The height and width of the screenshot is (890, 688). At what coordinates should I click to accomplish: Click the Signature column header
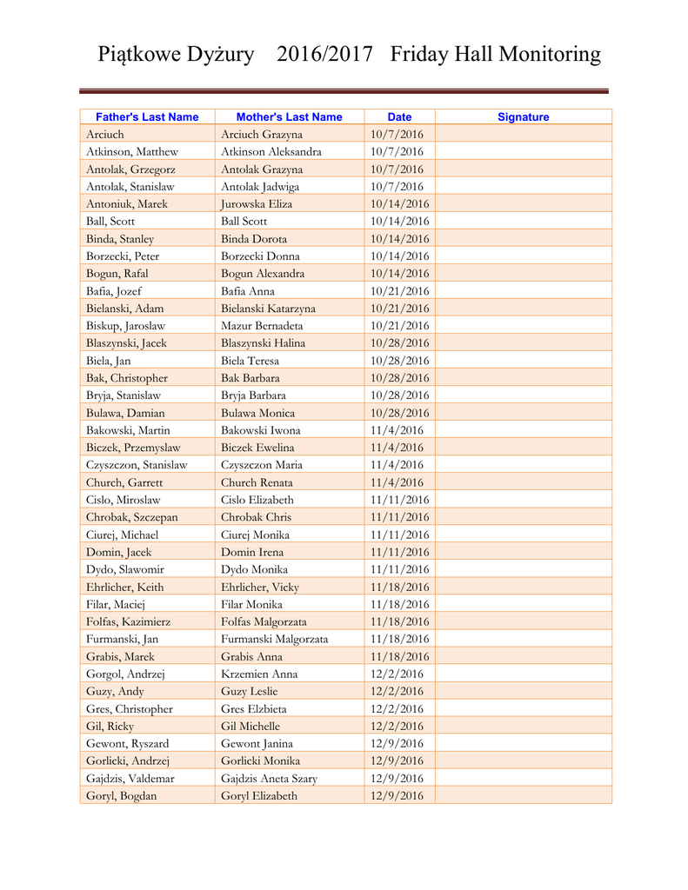[x=523, y=117]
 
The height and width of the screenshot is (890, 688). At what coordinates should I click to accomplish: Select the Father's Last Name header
[x=147, y=117]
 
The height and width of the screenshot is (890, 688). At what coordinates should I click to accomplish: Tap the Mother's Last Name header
[x=289, y=117]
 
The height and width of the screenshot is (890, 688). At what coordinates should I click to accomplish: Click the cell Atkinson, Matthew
[x=132, y=152]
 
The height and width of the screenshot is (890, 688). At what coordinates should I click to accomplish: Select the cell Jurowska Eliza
[x=257, y=204]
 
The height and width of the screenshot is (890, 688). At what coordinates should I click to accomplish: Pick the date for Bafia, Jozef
[x=399, y=291]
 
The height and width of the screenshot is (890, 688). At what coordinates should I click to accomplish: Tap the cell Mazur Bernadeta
[x=263, y=326]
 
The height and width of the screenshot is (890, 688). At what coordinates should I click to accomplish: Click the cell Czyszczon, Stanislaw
[x=137, y=465]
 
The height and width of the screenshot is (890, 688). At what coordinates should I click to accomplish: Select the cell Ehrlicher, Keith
[x=125, y=587]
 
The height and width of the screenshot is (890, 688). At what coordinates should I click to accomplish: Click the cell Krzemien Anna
[x=259, y=674]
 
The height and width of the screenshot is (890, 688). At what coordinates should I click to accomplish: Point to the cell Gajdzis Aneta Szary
[x=269, y=778]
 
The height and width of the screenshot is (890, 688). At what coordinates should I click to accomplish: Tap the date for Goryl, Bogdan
[x=397, y=795]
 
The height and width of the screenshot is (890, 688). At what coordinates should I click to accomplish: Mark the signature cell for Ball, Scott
[x=523, y=222]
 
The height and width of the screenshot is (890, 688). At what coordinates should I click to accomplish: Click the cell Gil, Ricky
[x=110, y=726]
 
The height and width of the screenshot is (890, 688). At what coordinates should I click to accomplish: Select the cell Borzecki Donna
[x=260, y=256]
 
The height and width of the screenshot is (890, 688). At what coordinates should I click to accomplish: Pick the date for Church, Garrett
[x=397, y=482]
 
